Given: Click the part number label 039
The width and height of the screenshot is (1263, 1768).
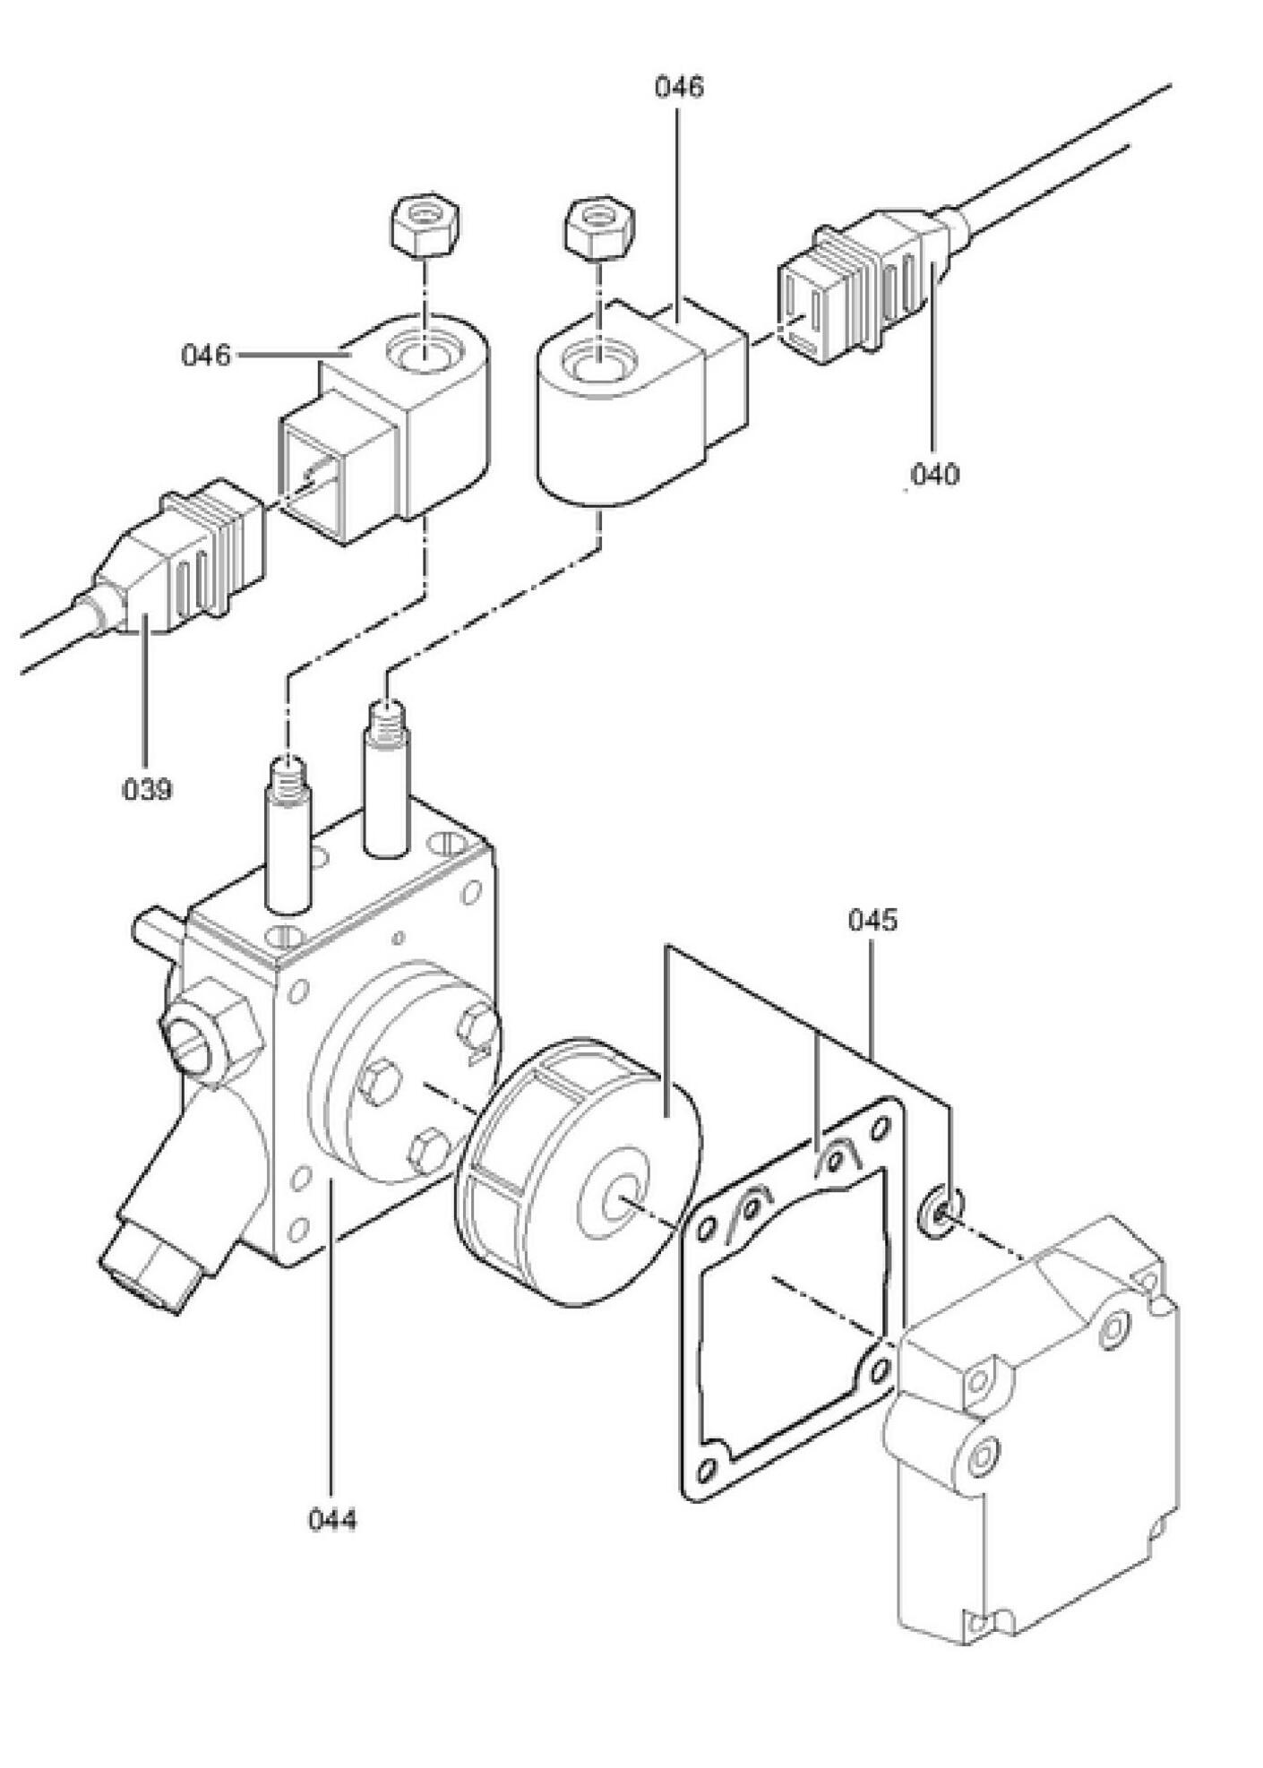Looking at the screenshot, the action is [147, 789].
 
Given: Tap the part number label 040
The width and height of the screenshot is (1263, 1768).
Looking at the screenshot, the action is [934, 474].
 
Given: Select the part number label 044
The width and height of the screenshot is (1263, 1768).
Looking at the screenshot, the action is [332, 1520].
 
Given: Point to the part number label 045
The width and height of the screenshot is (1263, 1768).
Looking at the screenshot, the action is [872, 920].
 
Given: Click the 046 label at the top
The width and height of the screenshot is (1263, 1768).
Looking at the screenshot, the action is [679, 87].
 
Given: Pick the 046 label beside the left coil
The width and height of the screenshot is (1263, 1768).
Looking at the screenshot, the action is [206, 356].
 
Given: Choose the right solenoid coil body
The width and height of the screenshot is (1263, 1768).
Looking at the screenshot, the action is [641, 404].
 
